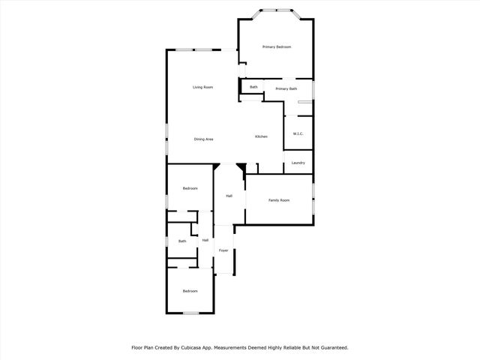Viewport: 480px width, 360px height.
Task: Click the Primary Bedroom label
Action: [277, 47]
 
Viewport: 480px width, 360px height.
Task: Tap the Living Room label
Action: [202, 88]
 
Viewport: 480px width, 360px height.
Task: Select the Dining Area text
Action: [204, 139]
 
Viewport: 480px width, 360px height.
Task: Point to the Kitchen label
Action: [261, 136]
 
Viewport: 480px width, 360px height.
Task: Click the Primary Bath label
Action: [286, 89]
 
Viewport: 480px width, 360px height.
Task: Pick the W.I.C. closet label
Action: [298, 134]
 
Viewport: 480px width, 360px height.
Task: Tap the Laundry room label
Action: [298, 163]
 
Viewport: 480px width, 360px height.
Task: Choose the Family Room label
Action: [279, 199]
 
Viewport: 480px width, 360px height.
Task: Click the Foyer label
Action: [223, 250]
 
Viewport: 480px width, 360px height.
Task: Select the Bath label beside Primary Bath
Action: [253, 87]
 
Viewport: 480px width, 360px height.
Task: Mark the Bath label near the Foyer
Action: [182, 241]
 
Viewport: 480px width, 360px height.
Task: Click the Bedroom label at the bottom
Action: [190, 291]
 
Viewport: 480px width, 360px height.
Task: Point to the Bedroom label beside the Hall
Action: [190, 188]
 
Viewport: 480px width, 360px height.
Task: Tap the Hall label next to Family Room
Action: [229, 196]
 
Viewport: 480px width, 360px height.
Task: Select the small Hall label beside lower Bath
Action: [205, 240]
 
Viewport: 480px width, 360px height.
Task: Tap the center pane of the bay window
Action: [276, 10]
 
